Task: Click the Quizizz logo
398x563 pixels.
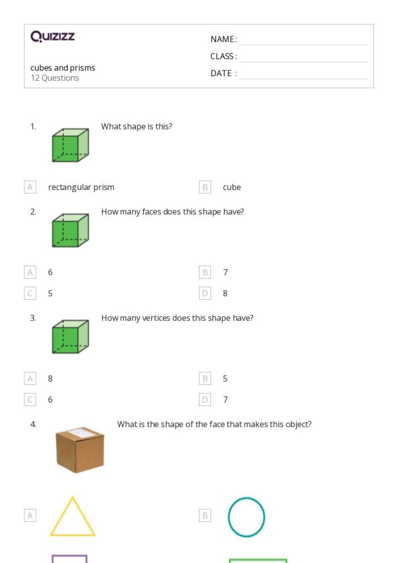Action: click(x=52, y=37)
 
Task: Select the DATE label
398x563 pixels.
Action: click(x=223, y=73)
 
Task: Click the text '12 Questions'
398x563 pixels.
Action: click(x=55, y=78)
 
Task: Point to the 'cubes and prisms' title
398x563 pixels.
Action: click(x=63, y=68)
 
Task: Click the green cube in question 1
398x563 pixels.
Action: click(x=70, y=145)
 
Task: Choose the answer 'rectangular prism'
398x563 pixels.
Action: click(x=81, y=187)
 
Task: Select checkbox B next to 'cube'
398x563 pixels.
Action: click(x=205, y=187)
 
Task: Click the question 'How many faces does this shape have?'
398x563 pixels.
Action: click(x=172, y=212)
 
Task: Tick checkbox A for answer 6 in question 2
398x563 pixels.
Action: click(x=30, y=272)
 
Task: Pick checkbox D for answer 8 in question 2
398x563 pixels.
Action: click(x=205, y=293)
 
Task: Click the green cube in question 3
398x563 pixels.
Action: click(x=70, y=337)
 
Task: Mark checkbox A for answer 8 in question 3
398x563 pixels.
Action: click(x=30, y=379)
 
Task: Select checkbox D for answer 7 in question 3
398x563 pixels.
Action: click(x=205, y=400)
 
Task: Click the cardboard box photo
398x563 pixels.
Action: click(x=80, y=450)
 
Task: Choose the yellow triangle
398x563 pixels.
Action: click(x=72, y=517)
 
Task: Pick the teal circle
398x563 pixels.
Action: click(x=246, y=517)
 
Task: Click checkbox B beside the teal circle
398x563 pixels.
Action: click(x=205, y=516)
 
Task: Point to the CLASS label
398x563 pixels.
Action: click(x=223, y=56)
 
